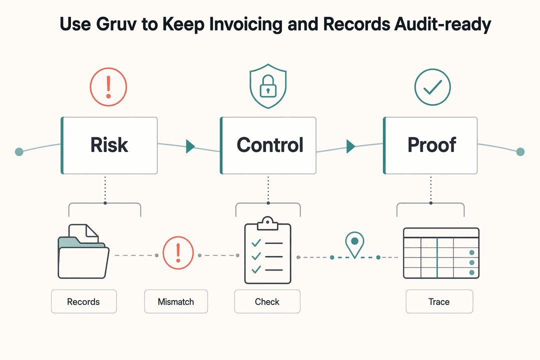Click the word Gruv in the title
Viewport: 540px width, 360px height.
116,24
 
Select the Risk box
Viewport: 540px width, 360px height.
109,145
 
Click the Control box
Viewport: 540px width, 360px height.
268,145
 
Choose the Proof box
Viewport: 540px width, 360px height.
430,145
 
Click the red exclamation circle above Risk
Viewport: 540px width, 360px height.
108,87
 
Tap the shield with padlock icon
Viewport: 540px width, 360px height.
268,86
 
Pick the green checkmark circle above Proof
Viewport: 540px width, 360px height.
432,87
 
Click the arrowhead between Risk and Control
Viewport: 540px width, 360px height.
190,146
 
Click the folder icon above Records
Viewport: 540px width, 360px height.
83,251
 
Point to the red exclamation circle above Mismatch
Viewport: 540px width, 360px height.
178,253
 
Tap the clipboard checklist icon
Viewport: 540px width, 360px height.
267,250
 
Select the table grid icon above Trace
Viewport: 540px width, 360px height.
441,253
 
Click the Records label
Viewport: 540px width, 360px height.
83,301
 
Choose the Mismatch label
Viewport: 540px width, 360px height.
176,301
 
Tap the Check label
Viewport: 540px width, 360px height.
267,301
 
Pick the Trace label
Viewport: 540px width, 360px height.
439,301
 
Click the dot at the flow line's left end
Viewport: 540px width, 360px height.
19,151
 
